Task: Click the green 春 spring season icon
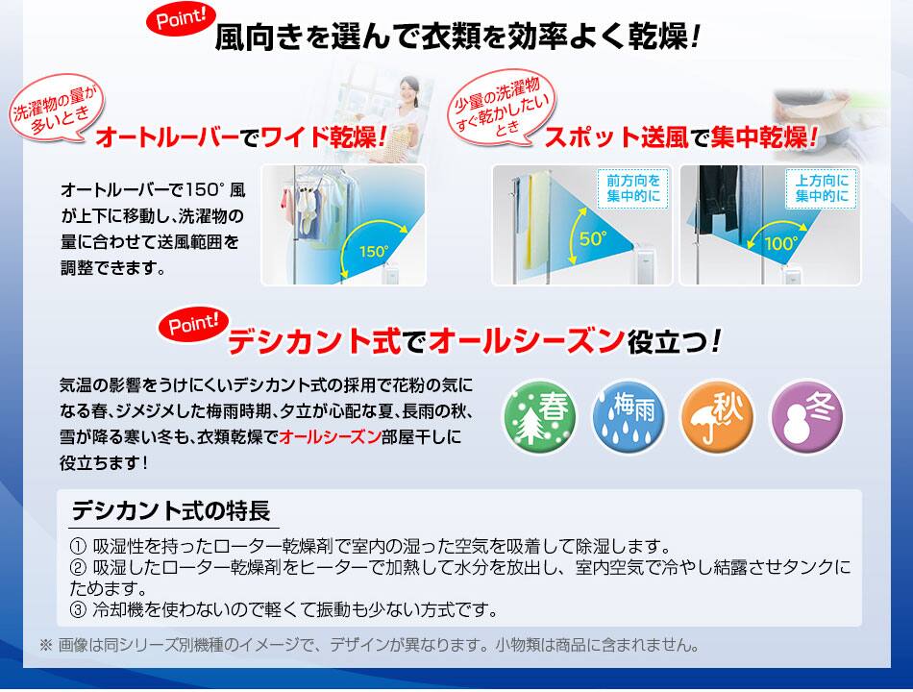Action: click(539, 416)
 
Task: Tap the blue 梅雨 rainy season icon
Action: click(629, 416)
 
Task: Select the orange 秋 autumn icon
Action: click(717, 416)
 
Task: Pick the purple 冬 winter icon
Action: click(806, 416)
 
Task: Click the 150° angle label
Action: click(374, 251)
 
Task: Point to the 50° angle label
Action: click(593, 238)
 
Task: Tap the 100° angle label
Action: click(781, 242)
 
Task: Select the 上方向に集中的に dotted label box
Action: click(822, 188)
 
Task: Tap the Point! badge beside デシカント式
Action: click(193, 324)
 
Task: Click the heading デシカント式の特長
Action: click(171, 511)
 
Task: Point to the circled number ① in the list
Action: click(78, 546)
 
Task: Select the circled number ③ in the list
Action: click(78, 610)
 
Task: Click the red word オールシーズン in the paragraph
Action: click(330, 437)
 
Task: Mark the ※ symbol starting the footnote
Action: click(45, 646)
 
